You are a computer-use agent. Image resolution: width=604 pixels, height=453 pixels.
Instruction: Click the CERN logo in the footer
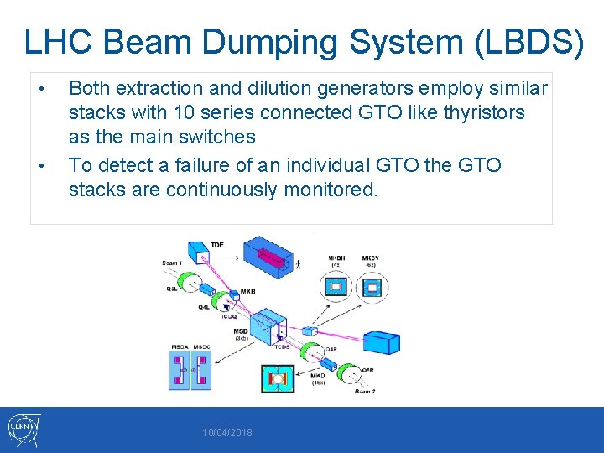tap(22, 430)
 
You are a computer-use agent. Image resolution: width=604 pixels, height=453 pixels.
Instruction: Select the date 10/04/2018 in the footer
tap(226, 433)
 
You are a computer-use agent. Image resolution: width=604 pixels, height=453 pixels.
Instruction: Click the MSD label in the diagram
tap(240, 331)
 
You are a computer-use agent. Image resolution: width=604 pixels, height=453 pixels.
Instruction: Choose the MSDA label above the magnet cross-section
tap(179, 346)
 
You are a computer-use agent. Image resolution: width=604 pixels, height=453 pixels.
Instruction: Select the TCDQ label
tap(227, 317)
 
